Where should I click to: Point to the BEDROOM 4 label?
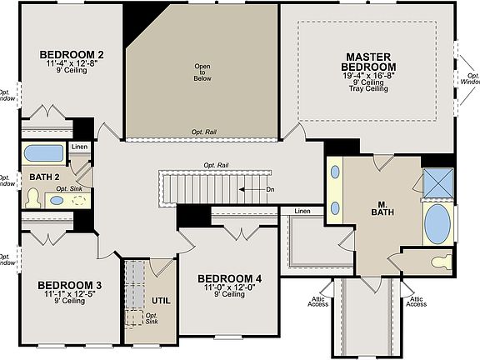(x=229, y=277)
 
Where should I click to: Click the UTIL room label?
(x=161, y=299)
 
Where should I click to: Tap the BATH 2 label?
(x=44, y=177)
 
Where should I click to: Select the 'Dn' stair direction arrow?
(x=254, y=189)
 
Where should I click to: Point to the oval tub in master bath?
(x=436, y=223)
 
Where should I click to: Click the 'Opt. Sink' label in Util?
(x=152, y=319)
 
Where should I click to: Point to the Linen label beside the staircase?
(x=302, y=212)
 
